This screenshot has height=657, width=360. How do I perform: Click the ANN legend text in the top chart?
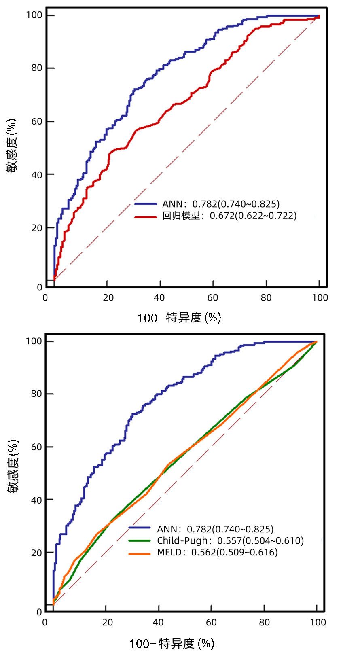pos(173,204)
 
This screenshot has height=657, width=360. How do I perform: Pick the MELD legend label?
pos(169,553)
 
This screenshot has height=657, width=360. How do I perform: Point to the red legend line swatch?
pos(146,217)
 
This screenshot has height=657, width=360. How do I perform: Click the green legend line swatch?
pos(140,541)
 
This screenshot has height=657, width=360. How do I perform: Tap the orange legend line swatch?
pos(140,553)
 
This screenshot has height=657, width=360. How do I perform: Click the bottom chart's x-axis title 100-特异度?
pos(172,643)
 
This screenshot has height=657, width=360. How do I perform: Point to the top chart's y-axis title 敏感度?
pos(12,146)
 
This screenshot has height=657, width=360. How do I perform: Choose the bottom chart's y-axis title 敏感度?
pos(13,466)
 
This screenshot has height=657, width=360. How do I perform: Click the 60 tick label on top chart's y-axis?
pos(37,121)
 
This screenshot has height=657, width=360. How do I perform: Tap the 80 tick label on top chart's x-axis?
pos(266,298)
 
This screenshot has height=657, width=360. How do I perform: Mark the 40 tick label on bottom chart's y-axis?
pos(37,500)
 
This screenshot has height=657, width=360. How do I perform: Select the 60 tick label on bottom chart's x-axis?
pos(212,622)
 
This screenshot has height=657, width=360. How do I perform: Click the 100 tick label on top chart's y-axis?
pos(34,15)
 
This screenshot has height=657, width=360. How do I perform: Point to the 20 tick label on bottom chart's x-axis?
pos(107,622)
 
